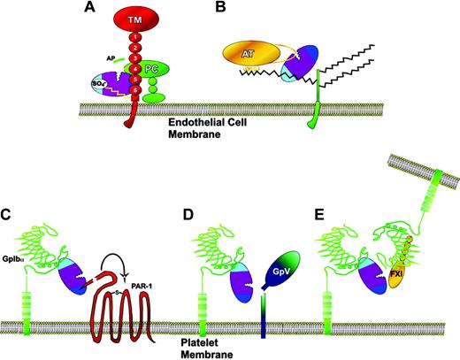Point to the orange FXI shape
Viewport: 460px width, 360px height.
click(400, 286)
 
